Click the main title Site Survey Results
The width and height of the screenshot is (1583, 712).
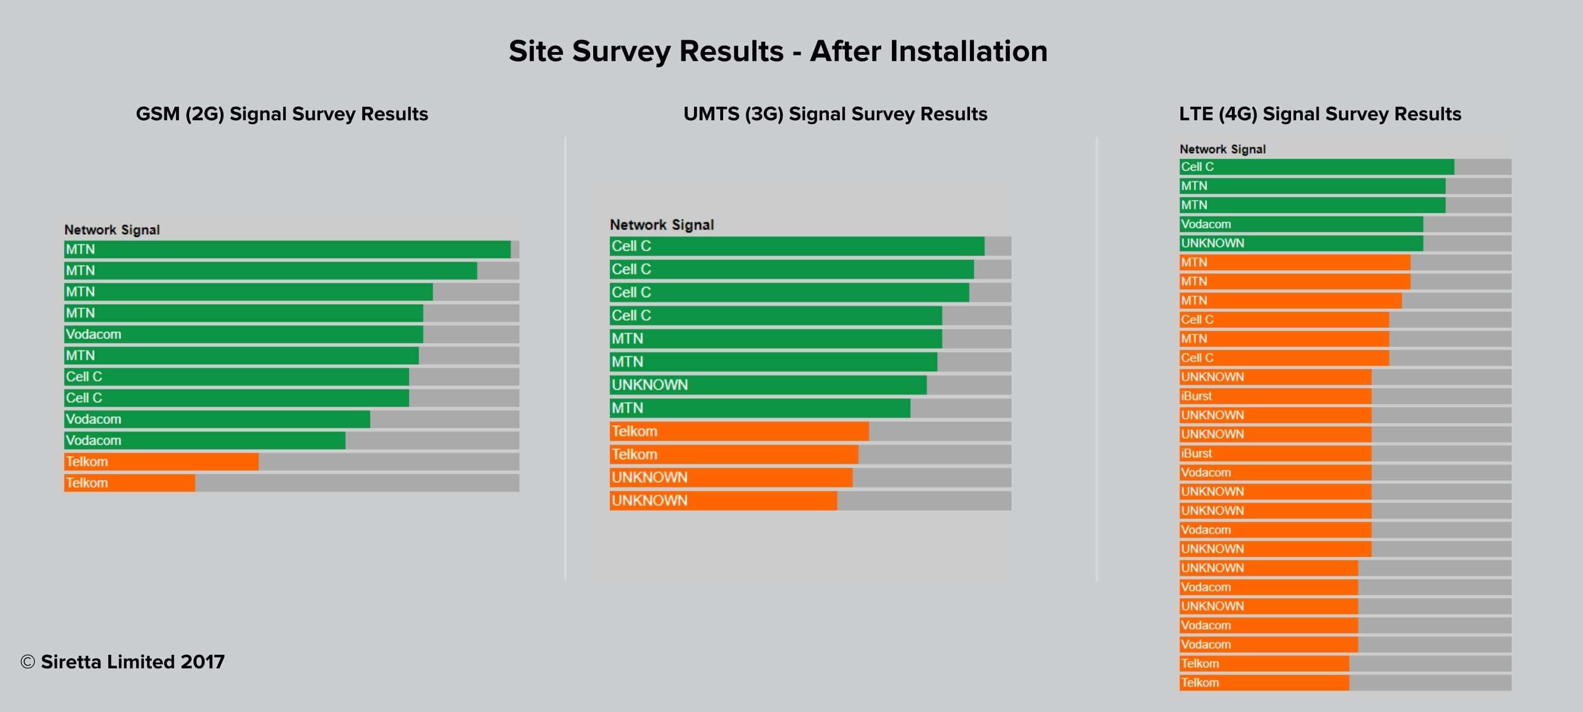[778, 51]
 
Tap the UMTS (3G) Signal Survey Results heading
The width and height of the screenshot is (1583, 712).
[835, 114]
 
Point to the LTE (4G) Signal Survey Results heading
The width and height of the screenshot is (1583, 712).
[1320, 114]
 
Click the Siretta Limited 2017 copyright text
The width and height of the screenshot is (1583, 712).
[123, 662]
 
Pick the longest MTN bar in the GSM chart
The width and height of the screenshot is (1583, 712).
[287, 249]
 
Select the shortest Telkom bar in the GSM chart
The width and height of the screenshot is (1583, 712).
[129, 483]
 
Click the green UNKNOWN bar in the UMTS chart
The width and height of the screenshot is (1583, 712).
[768, 385]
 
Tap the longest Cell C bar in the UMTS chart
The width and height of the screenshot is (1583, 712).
[797, 246]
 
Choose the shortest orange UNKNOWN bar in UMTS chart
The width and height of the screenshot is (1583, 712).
[723, 501]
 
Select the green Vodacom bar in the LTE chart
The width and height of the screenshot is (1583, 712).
[1301, 224]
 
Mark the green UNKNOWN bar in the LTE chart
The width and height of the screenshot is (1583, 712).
[1301, 243]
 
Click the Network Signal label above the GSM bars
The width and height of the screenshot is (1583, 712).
[112, 230]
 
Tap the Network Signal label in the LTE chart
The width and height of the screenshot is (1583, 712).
[1222, 149]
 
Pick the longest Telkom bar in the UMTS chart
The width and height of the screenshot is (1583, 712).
[739, 431]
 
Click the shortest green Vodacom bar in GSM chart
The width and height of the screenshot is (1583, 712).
[205, 440]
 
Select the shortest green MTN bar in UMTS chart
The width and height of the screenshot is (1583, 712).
[760, 408]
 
